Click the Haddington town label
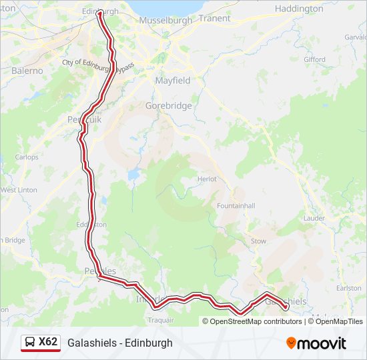click(299, 9)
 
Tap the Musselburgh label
click(165, 21)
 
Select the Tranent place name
click(214, 18)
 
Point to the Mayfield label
click(172, 80)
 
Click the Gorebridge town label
click(168, 105)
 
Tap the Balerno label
click(27, 70)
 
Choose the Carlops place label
click(27, 157)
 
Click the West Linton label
click(19, 190)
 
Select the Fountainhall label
click(236, 206)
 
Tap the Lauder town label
click(314, 218)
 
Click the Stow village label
click(258, 241)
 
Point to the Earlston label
click(349, 287)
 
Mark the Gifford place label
click(314, 59)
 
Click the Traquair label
click(161, 320)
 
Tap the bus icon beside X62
click(30, 342)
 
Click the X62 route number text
click(48, 342)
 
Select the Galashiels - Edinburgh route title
click(119, 343)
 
